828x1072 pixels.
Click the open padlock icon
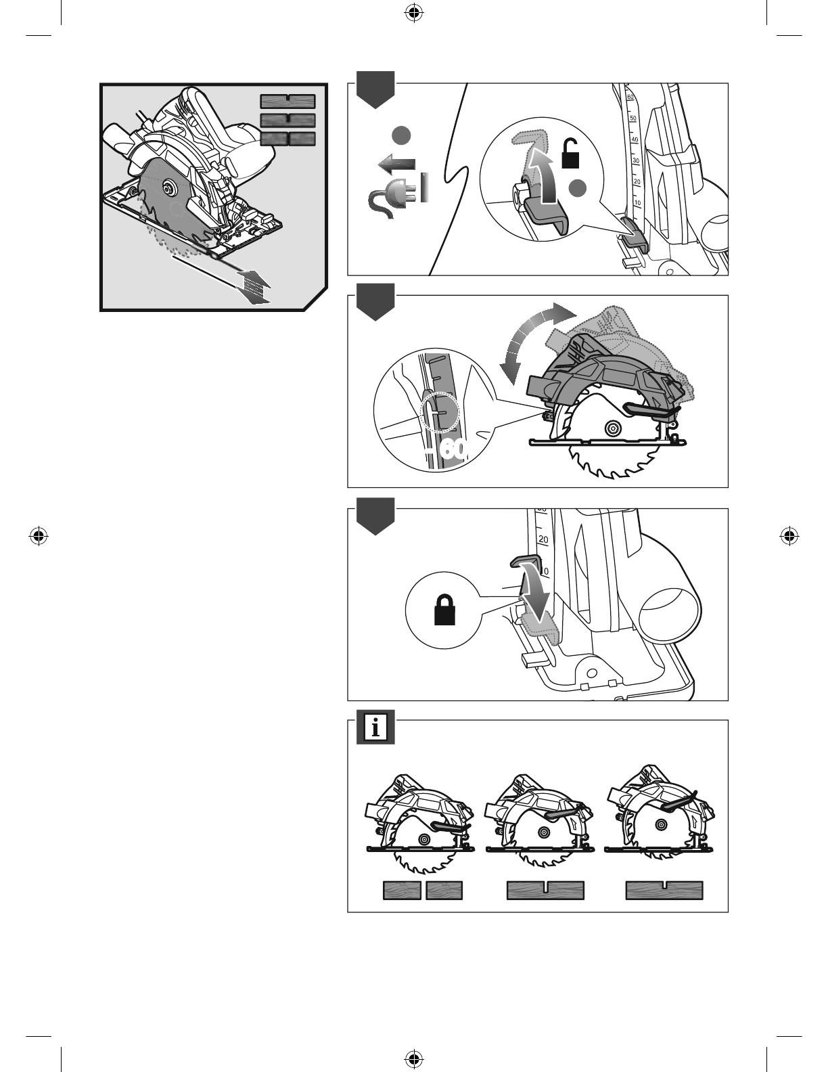coord(570,154)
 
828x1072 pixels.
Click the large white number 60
coord(453,449)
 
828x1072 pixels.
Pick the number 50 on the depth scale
coord(633,118)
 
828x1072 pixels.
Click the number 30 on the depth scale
coord(636,161)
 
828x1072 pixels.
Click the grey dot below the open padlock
coord(578,188)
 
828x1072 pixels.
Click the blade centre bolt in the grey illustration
coord(170,187)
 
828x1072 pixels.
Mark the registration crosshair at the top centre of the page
coord(414,14)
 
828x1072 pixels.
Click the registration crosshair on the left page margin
coord(39,536)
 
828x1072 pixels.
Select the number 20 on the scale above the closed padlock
coord(543,539)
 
